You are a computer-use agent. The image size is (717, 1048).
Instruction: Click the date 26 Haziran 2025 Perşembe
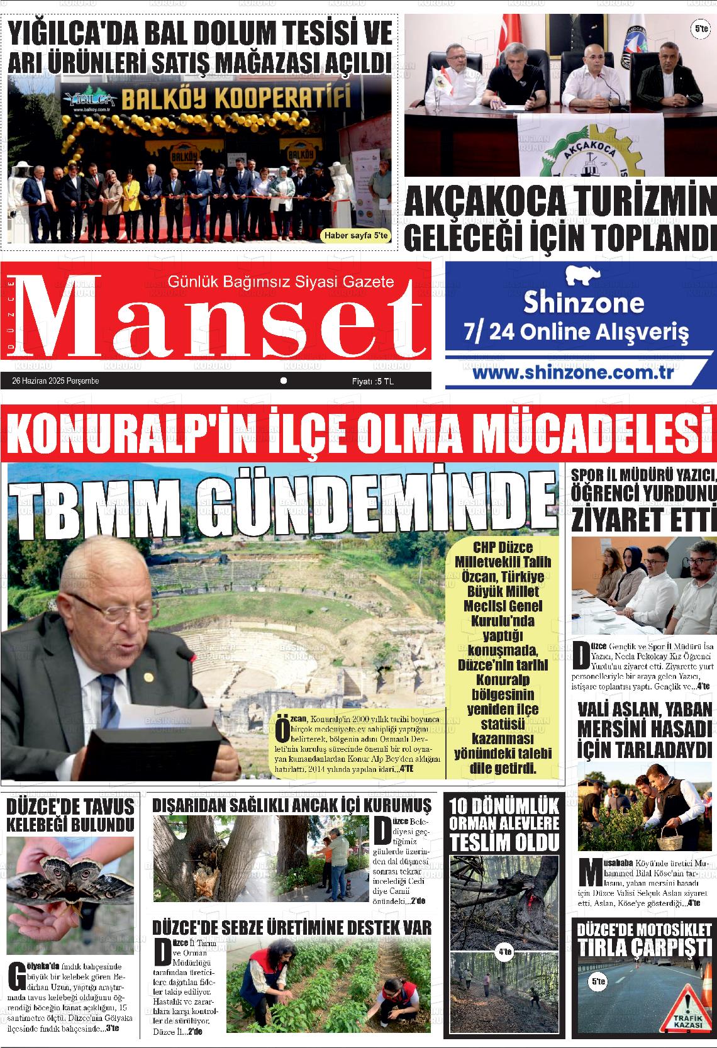pos(55,381)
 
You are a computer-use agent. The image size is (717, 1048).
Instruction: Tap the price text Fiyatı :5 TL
pos(373,381)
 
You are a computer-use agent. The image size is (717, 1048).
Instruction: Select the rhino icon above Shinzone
pos(583,276)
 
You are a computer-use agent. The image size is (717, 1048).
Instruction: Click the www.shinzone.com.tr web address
pos(573,372)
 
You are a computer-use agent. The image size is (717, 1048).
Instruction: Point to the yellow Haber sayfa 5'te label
pos(356,236)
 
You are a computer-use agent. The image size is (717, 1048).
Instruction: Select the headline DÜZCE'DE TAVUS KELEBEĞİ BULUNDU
pos(70,815)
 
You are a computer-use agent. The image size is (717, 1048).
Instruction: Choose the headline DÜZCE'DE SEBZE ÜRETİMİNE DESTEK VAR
pos(292,927)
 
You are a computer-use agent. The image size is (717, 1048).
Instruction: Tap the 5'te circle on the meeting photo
pos(701,29)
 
